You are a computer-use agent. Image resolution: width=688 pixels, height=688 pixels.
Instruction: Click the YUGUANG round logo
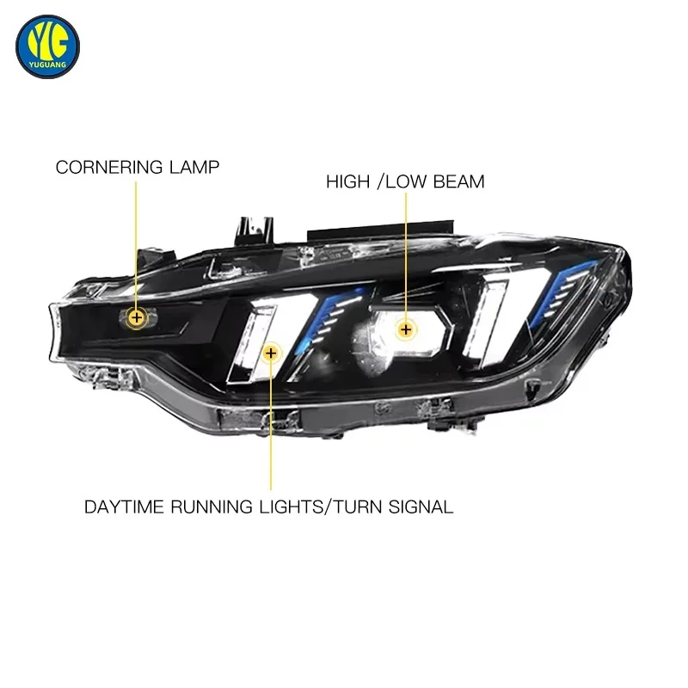click(47, 46)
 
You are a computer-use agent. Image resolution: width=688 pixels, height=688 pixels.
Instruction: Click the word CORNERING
click(109, 167)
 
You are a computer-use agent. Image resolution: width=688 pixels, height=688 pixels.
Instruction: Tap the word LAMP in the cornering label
click(194, 167)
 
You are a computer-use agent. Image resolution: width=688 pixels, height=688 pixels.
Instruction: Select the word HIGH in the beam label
click(348, 181)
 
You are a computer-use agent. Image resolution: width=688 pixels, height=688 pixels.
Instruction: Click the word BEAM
click(459, 181)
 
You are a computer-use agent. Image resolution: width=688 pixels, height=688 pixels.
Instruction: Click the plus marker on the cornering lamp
click(137, 317)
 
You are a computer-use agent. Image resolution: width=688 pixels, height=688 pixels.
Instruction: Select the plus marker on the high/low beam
click(406, 329)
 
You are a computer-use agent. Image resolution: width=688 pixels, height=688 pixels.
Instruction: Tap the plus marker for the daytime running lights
click(271, 353)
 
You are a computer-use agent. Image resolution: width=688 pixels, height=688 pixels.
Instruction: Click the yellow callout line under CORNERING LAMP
click(136, 244)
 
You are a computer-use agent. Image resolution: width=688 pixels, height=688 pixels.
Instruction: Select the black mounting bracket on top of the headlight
click(255, 230)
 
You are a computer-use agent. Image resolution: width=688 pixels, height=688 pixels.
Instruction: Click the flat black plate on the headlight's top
click(380, 230)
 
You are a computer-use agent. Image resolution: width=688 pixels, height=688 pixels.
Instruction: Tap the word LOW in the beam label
click(406, 181)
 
